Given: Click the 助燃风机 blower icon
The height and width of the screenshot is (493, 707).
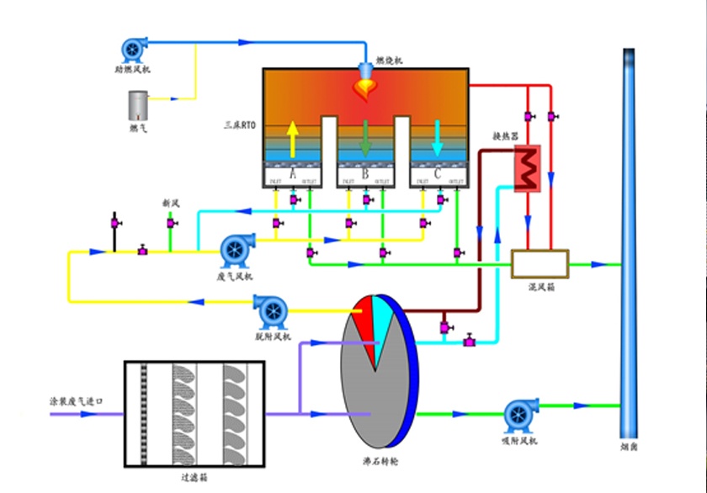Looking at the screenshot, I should pos(134,47).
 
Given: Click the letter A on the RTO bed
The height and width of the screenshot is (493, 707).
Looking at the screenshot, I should pos(293,174).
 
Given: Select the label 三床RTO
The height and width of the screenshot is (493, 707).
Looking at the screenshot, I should pos(239,125).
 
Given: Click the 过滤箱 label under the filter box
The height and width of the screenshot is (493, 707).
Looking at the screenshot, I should pos(194,477).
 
